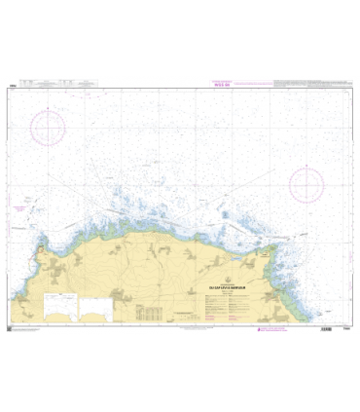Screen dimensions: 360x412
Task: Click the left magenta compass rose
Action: coord(47,128)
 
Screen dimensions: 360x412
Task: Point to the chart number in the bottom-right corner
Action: coord(345,329)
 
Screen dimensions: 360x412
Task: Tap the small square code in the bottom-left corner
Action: coord(13,329)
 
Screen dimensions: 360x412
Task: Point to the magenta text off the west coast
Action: coord(21,208)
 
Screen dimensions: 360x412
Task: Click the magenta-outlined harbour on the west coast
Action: coord(36,257)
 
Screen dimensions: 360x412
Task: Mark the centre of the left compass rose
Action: coord(47,128)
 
